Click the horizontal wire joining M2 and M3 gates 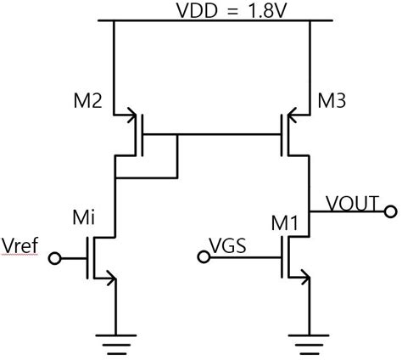pyautogui.click(x=212, y=134)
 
